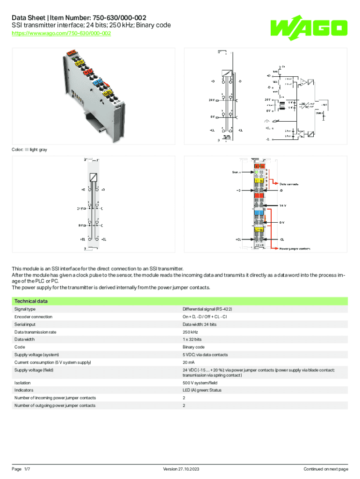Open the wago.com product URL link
(61, 34)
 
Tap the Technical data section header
(31, 301)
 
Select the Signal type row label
(25, 309)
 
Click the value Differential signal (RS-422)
(207, 309)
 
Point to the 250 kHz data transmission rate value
(190, 332)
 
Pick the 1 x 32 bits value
(192, 339)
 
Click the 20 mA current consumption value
(188, 363)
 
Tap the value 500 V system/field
(200, 383)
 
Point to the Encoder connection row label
(33, 317)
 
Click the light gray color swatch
(27, 150)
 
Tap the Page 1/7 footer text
(21, 469)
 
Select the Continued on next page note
(326, 469)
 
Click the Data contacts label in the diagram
(290, 184)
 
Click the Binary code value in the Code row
(193, 347)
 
